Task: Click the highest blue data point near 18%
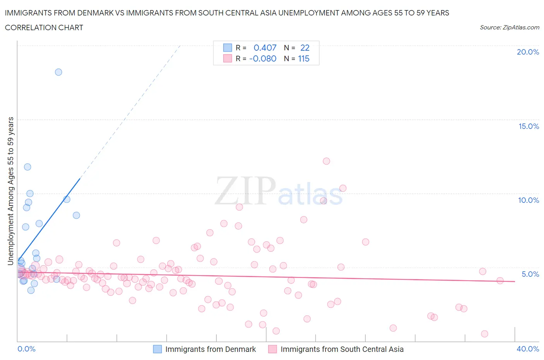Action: (x=58, y=72)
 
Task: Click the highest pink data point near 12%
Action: (x=327, y=161)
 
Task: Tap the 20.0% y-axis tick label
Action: (x=528, y=52)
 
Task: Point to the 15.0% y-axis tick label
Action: (x=529, y=126)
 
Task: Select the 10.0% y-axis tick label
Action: (x=529, y=200)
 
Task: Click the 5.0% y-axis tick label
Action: (x=530, y=274)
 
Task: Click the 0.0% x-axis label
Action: (x=26, y=349)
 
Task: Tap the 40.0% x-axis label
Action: (x=528, y=349)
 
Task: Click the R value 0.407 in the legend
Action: (x=265, y=48)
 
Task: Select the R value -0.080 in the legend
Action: (x=263, y=58)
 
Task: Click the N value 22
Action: (x=305, y=48)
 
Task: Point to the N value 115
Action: (x=304, y=58)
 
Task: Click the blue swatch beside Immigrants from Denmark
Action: (x=157, y=349)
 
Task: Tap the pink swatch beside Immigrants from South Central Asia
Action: (x=273, y=349)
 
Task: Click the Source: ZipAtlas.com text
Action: (x=509, y=27)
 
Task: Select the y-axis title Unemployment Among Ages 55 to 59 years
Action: (x=10, y=191)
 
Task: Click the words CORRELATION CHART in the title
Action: (x=44, y=27)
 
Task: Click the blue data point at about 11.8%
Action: (x=27, y=167)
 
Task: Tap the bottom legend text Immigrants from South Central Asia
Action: (x=342, y=349)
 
